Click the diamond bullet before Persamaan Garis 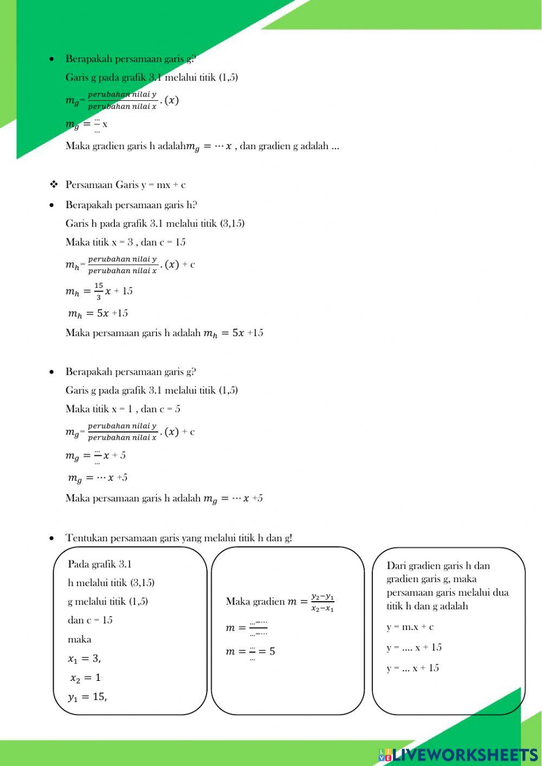[x=54, y=185]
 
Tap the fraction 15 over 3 [x=99, y=291]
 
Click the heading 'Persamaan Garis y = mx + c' [x=125, y=185]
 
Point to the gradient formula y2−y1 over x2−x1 [x=322, y=602]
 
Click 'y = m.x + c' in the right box [x=410, y=627]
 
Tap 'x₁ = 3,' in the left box [x=85, y=659]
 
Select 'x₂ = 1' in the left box [x=85, y=678]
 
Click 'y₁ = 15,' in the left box [x=87, y=697]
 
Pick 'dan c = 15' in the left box [x=90, y=620]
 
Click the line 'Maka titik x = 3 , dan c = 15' [x=125, y=242]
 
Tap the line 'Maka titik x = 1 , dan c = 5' [x=123, y=409]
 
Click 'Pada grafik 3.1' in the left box [x=100, y=564]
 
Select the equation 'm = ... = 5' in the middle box [x=250, y=652]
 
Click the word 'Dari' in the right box [x=396, y=566]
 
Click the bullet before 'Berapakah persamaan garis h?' [x=51, y=205]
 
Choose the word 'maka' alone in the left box [x=80, y=640]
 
